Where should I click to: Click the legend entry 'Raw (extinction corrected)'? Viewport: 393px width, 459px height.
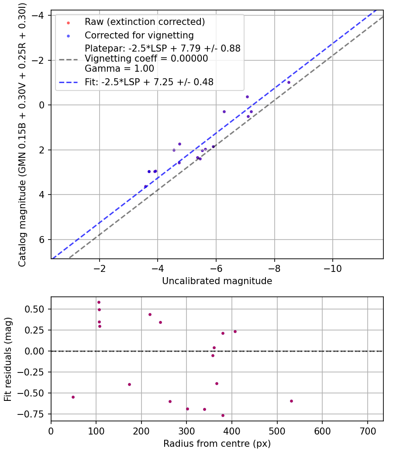point(145,22)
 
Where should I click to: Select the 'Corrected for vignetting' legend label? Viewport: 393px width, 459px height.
point(139,35)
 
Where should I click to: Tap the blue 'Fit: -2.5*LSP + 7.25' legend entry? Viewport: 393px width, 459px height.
point(149,82)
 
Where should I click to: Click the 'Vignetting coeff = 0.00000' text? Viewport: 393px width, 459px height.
point(146,59)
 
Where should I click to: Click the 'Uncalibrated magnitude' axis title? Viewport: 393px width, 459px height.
point(217,281)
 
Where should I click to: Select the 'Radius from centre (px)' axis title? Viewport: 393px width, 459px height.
point(217,444)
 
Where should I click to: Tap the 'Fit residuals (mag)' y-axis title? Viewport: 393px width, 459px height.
point(8,359)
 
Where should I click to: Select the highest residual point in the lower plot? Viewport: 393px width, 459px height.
point(99,302)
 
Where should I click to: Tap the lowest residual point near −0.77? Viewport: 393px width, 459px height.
point(223,415)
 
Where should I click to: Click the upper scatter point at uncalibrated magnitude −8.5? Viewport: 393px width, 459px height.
point(289,82)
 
